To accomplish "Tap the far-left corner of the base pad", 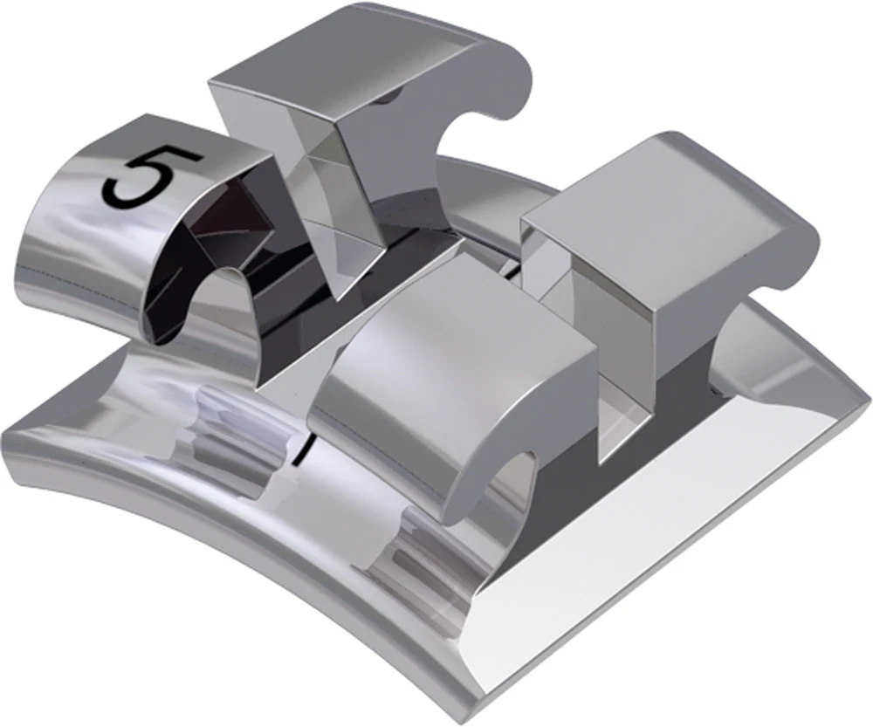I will point(9,428).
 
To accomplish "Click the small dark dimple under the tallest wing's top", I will point(384,99).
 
